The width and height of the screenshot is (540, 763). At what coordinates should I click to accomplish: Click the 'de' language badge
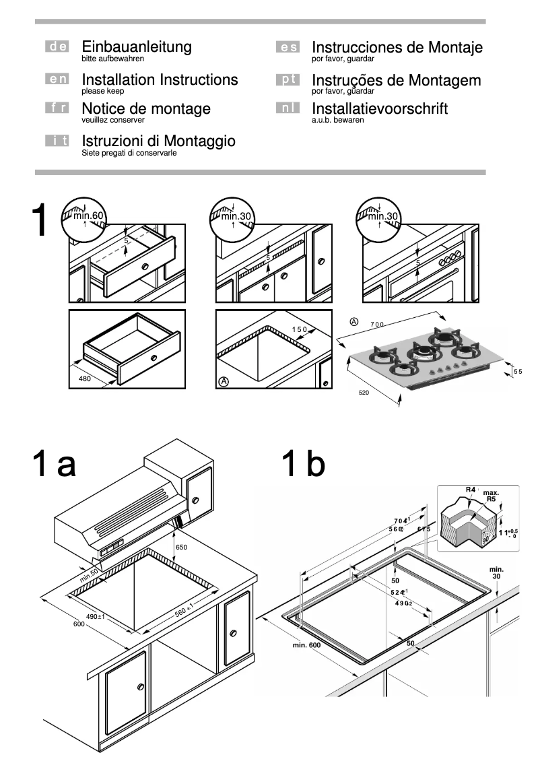point(57,47)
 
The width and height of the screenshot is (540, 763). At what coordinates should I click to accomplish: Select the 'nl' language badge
point(287,108)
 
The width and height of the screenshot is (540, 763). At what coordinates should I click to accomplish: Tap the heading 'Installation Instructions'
point(160,80)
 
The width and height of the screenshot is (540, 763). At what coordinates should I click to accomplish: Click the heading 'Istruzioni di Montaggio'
point(158,141)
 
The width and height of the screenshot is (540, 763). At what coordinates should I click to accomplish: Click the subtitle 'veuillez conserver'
point(112,120)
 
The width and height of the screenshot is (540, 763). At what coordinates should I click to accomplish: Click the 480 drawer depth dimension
point(84,378)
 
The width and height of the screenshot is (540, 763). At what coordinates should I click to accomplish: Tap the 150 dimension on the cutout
point(299,329)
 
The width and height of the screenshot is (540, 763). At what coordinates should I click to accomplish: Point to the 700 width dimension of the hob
point(377,325)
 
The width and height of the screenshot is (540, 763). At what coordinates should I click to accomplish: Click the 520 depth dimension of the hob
point(364,391)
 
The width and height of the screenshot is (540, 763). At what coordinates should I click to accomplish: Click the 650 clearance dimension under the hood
point(181,548)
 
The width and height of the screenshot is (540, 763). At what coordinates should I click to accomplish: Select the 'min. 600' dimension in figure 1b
point(306,645)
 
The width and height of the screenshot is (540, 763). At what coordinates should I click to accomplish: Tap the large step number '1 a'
point(54,465)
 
